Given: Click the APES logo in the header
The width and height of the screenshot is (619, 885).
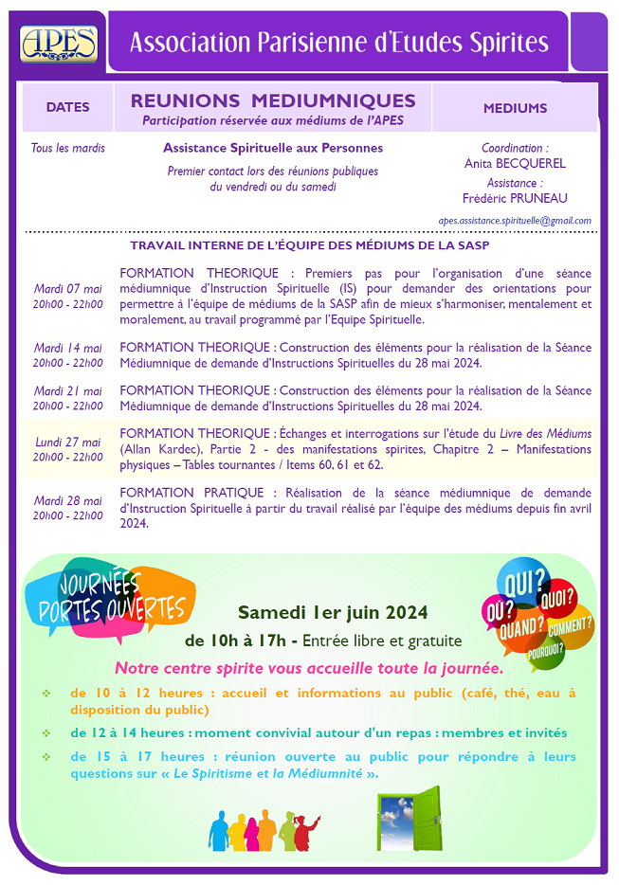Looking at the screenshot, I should [x=59, y=44].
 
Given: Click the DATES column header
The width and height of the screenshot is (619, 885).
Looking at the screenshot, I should [x=67, y=108].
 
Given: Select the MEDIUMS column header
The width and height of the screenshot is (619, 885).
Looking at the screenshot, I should [x=515, y=108].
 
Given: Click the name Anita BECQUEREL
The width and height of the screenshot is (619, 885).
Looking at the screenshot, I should [x=515, y=163].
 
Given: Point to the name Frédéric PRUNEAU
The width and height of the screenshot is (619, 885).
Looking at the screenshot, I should [x=515, y=198].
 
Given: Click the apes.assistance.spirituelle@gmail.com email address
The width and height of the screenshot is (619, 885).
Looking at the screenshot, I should [x=515, y=221].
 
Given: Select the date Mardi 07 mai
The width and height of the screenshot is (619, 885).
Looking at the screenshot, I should [x=67, y=289].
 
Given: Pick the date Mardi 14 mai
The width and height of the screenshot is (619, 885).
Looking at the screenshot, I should [x=67, y=347].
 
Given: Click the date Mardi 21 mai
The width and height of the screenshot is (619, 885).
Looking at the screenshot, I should [x=67, y=391].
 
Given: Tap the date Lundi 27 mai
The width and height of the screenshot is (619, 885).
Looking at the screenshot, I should [x=67, y=442].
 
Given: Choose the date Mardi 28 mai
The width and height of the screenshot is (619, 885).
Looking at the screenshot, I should [x=67, y=500].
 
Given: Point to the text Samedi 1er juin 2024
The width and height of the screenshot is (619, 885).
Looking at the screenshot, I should [x=333, y=610].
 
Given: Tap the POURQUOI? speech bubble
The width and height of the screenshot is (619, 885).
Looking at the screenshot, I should [x=547, y=650].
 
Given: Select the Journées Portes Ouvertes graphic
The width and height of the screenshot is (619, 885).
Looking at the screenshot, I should [x=112, y=599].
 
